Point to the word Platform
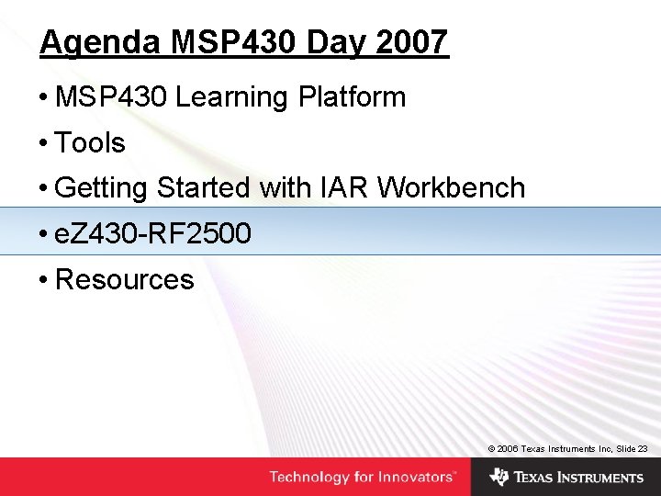352,97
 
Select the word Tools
90,143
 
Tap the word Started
203,188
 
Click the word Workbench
451,188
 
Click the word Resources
125,279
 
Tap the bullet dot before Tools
43,144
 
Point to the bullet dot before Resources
43,280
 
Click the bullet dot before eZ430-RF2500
43,235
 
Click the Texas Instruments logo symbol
499,477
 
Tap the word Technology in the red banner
309,478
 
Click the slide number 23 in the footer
643,448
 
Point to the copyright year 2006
508,448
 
